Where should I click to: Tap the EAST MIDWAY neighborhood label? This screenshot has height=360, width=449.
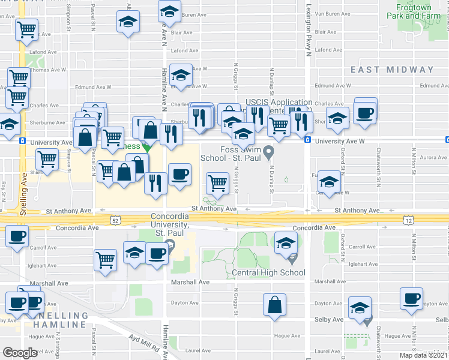coord(392,70)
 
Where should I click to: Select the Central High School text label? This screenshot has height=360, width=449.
coord(268,273)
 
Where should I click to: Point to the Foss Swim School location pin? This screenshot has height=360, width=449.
coord(270,151)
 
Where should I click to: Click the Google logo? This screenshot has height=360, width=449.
coord(20,353)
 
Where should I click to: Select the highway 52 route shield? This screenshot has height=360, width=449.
coord(115,220)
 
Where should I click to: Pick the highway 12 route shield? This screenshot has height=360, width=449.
coord(408,221)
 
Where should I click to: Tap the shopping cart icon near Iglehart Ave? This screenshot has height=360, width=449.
coord(105,260)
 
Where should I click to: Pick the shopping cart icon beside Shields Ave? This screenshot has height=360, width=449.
coord(46,160)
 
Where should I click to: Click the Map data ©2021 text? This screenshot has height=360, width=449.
coord(423,355)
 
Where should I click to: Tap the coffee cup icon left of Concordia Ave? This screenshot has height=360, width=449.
coord(17,235)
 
